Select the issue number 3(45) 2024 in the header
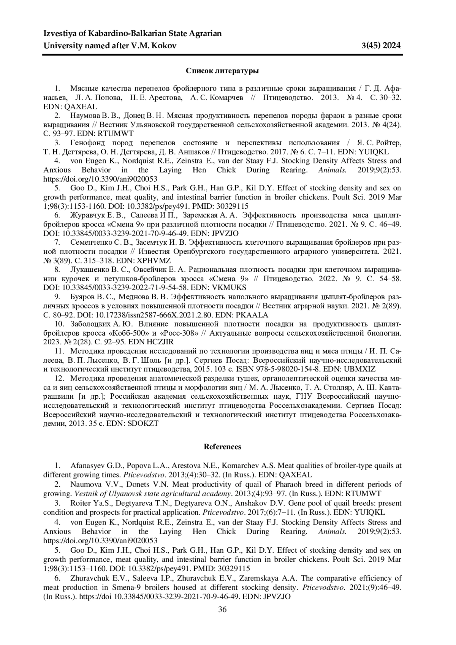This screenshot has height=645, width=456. [x=382, y=46]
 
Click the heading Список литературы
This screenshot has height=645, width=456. [x=222, y=71]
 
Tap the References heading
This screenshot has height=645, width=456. [x=222, y=447]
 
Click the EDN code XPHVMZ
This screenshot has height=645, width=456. [x=156, y=261]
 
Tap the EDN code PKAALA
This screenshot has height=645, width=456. [x=252, y=315]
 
